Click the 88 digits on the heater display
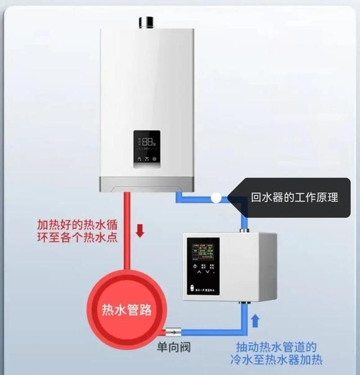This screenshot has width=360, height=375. tap(148, 142)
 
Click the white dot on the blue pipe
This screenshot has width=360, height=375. tap(215, 198)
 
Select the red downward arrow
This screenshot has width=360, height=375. tap(140, 230)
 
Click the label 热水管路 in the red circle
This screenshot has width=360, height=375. tap(127, 310)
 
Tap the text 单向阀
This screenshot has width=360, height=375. tap(173, 347)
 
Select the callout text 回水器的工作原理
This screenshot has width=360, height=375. tap(294, 198)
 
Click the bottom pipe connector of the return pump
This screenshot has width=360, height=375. tap(244, 305)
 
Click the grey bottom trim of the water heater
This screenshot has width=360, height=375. tap(147, 184)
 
